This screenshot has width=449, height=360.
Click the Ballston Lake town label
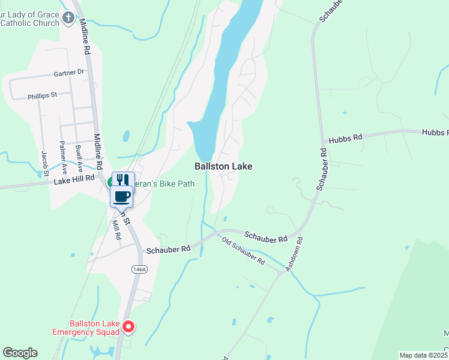[223, 166]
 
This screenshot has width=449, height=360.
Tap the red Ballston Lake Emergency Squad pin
[128, 327]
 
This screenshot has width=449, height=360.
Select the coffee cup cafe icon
[122, 196]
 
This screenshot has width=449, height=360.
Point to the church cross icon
[68, 18]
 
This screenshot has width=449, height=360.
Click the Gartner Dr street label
[69, 73]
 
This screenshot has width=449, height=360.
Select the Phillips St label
[42, 95]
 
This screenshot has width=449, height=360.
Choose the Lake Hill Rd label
[74, 179]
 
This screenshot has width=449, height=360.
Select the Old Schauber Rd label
[243, 251]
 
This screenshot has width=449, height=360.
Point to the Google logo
[20, 353]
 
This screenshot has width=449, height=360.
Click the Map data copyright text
[424, 355]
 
